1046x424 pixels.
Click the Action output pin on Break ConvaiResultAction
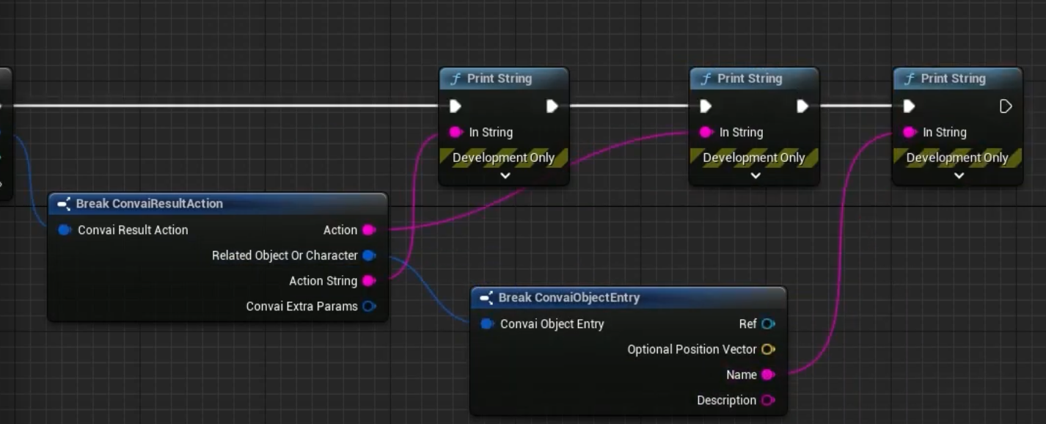click(369, 230)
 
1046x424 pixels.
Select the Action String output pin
click(369, 281)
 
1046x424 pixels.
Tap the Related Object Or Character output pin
click(369, 255)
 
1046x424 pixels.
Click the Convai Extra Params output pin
click(369, 307)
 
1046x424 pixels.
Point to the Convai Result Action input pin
click(65, 230)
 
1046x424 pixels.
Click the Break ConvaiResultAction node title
click(149, 204)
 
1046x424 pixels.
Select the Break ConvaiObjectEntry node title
click(568, 298)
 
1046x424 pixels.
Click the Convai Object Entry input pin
click(487, 324)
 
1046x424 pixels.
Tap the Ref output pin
click(768, 324)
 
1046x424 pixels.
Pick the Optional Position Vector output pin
click(768, 349)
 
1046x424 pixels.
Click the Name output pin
click(768, 375)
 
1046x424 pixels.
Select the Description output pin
click(768, 401)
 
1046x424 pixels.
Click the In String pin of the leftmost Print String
click(456, 132)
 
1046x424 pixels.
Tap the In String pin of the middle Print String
click(706, 132)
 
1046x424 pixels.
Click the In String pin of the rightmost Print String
click(910, 132)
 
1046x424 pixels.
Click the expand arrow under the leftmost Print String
click(505, 176)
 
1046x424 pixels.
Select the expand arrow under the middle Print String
click(755, 176)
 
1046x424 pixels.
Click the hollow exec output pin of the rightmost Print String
click(1006, 106)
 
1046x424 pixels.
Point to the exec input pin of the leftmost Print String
click(456, 106)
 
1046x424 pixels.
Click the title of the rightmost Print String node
click(953, 78)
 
